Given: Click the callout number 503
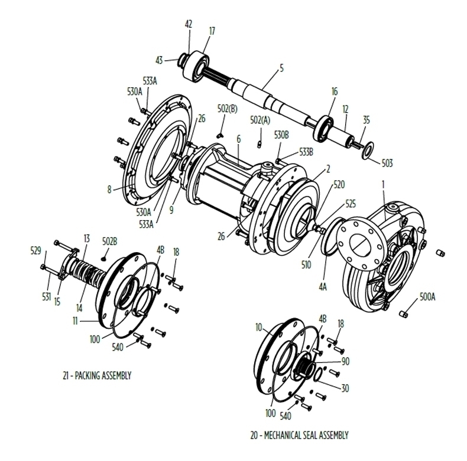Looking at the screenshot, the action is [387, 163].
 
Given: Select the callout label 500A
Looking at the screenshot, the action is [427, 296].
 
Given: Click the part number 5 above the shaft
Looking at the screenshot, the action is [281, 68].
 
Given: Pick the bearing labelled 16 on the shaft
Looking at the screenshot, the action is [323, 128].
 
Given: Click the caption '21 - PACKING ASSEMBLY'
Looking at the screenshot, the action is [97, 375].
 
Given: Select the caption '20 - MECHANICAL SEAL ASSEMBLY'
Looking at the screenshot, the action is [299, 435].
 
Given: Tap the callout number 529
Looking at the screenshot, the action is [35, 251].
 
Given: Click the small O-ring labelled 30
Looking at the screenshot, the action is [317, 374].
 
